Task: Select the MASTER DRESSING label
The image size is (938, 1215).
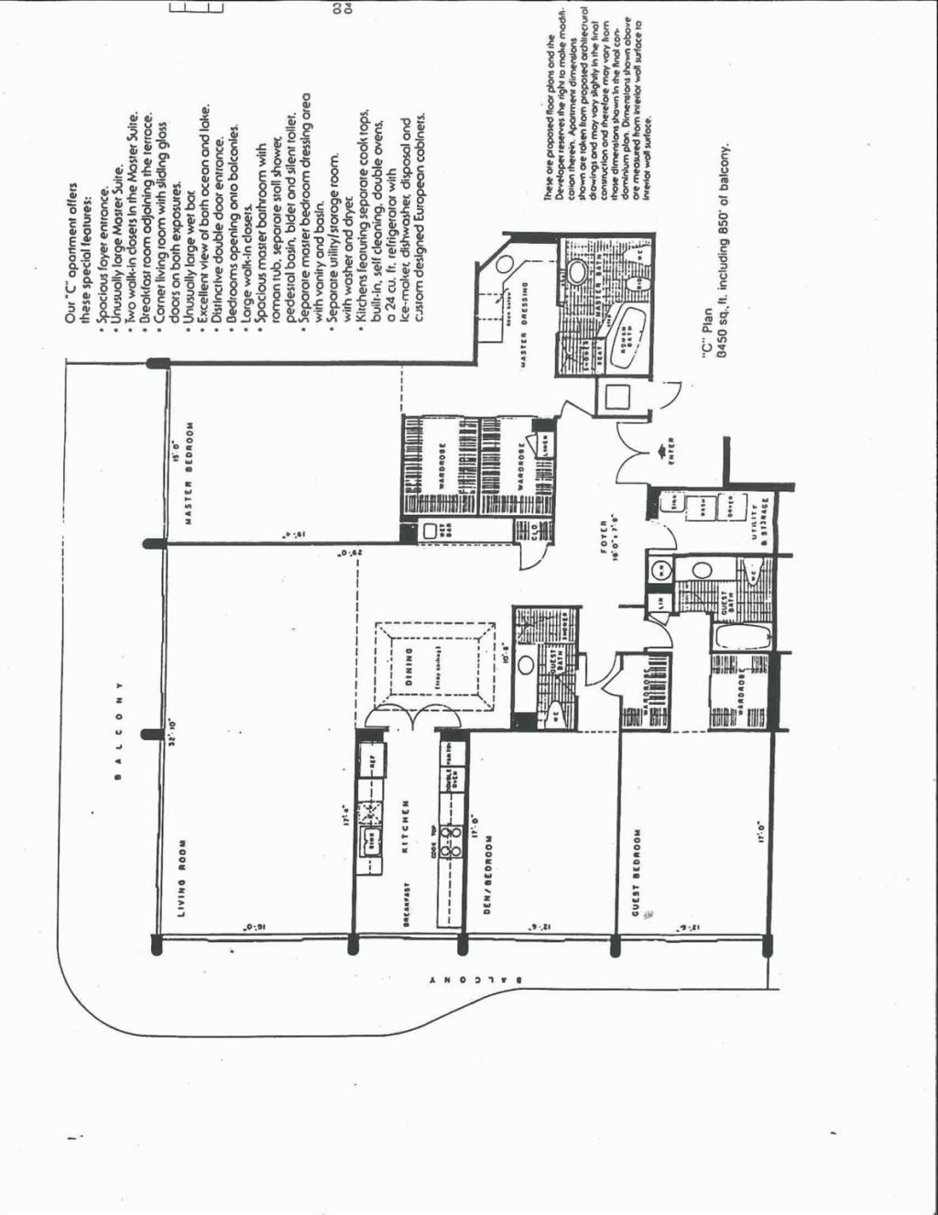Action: pyautogui.click(x=523, y=331)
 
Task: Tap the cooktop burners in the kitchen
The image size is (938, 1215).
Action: pyautogui.click(x=451, y=841)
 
